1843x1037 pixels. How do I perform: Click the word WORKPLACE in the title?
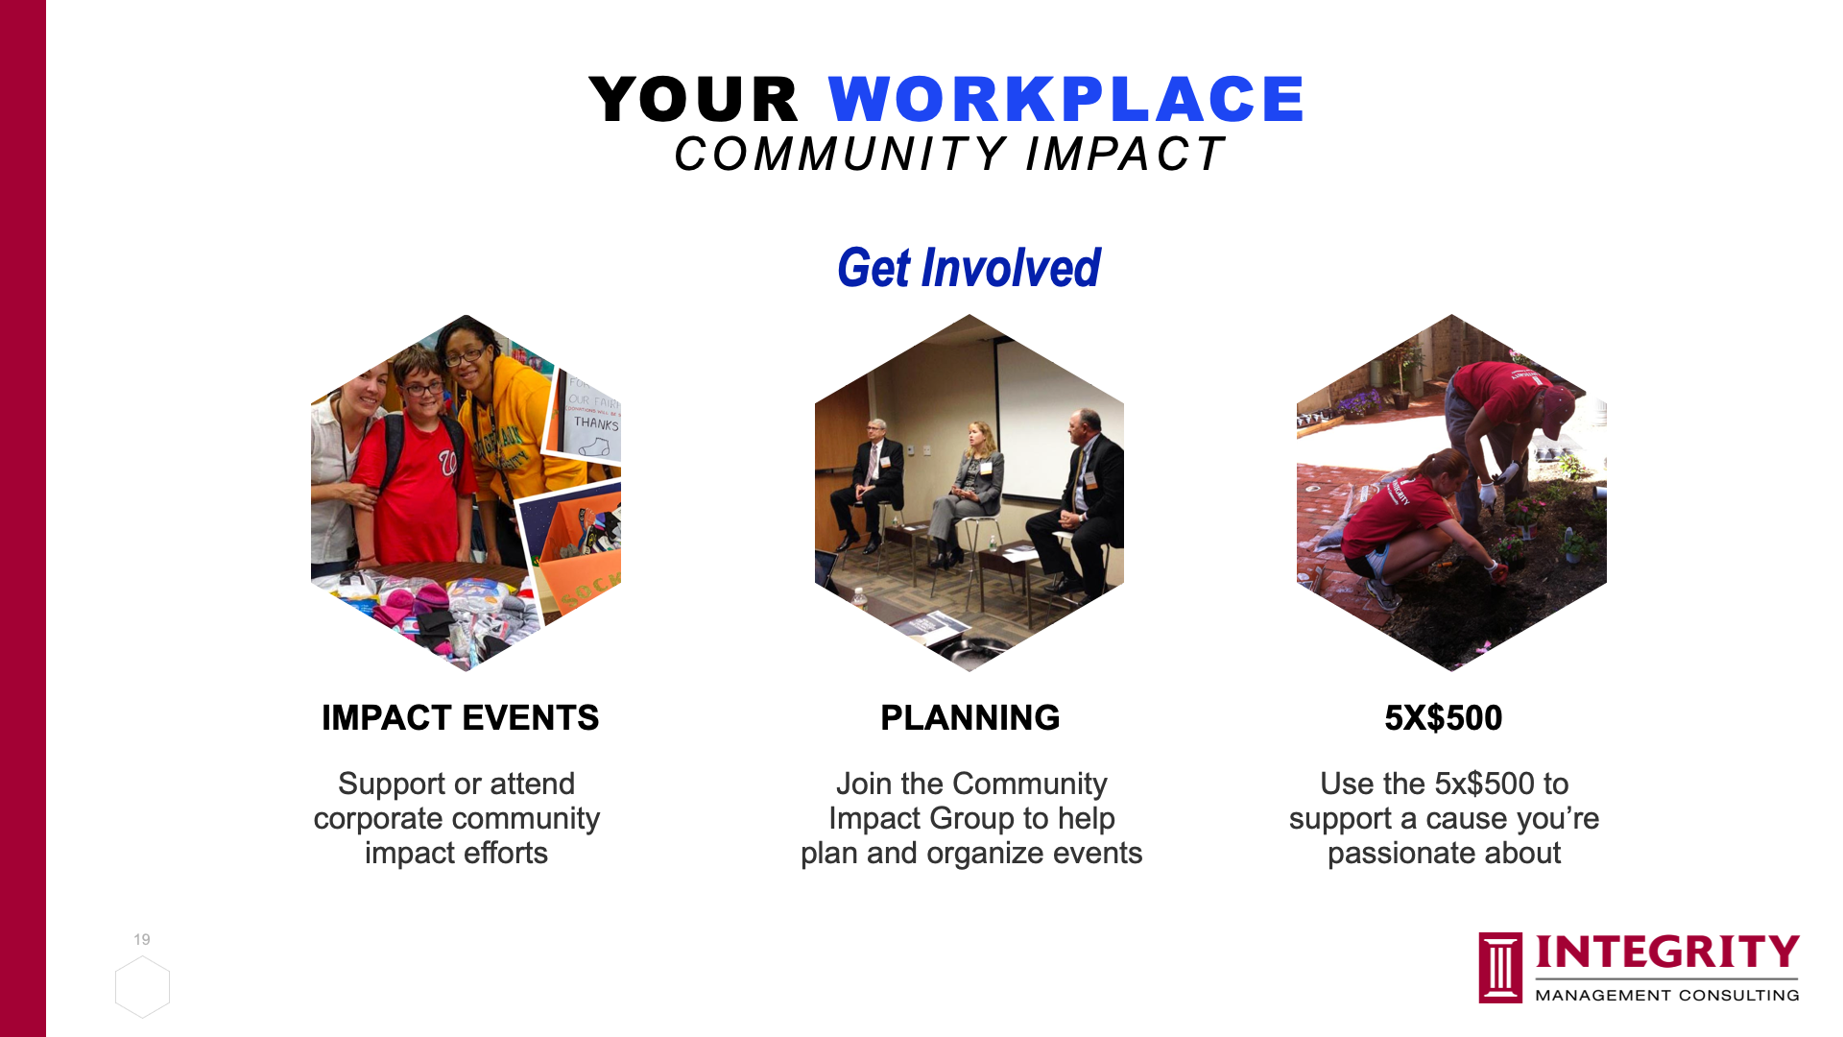[1065, 99]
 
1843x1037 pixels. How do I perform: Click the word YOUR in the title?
[693, 99]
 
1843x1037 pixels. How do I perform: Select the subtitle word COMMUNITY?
[841, 155]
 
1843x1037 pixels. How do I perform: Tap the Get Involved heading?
[969, 268]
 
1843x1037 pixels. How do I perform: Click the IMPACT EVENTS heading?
[460, 718]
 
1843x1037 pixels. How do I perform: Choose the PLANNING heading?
[969, 718]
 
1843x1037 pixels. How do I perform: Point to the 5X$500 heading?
[1443, 718]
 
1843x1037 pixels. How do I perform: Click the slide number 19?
[142, 939]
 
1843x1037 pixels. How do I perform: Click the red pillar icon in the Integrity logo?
[1500, 968]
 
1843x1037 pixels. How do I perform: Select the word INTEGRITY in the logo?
[1667, 953]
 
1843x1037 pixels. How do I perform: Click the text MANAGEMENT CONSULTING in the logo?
[1667, 996]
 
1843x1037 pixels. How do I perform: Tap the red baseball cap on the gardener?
[1556, 408]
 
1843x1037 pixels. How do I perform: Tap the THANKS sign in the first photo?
[595, 424]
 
